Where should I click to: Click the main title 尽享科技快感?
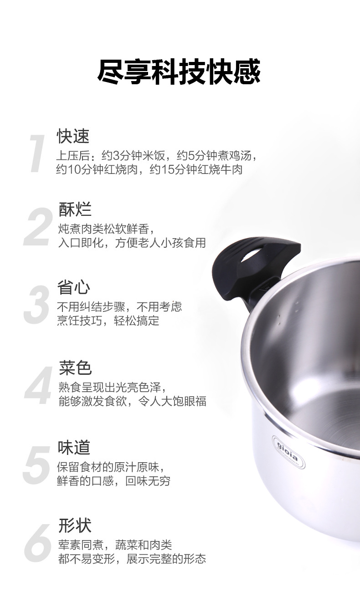click(x=179, y=71)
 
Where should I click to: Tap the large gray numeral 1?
click(x=37, y=153)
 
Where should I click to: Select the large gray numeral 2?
click(x=39, y=227)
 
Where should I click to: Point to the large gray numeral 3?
click(x=37, y=305)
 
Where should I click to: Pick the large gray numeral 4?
click(x=38, y=385)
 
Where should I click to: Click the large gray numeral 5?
click(x=37, y=465)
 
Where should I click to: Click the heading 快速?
click(x=73, y=136)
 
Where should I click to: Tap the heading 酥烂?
click(x=75, y=209)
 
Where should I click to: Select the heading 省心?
click(x=74, y=287)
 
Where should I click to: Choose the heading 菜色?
click(x=75, y=368)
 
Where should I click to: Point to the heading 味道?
click(x=74, y=448)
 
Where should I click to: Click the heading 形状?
click(x=75, y=526)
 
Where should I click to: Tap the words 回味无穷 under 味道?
click(x=148, y=481)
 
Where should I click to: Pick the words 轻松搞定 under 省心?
click(x=137, y=321)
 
